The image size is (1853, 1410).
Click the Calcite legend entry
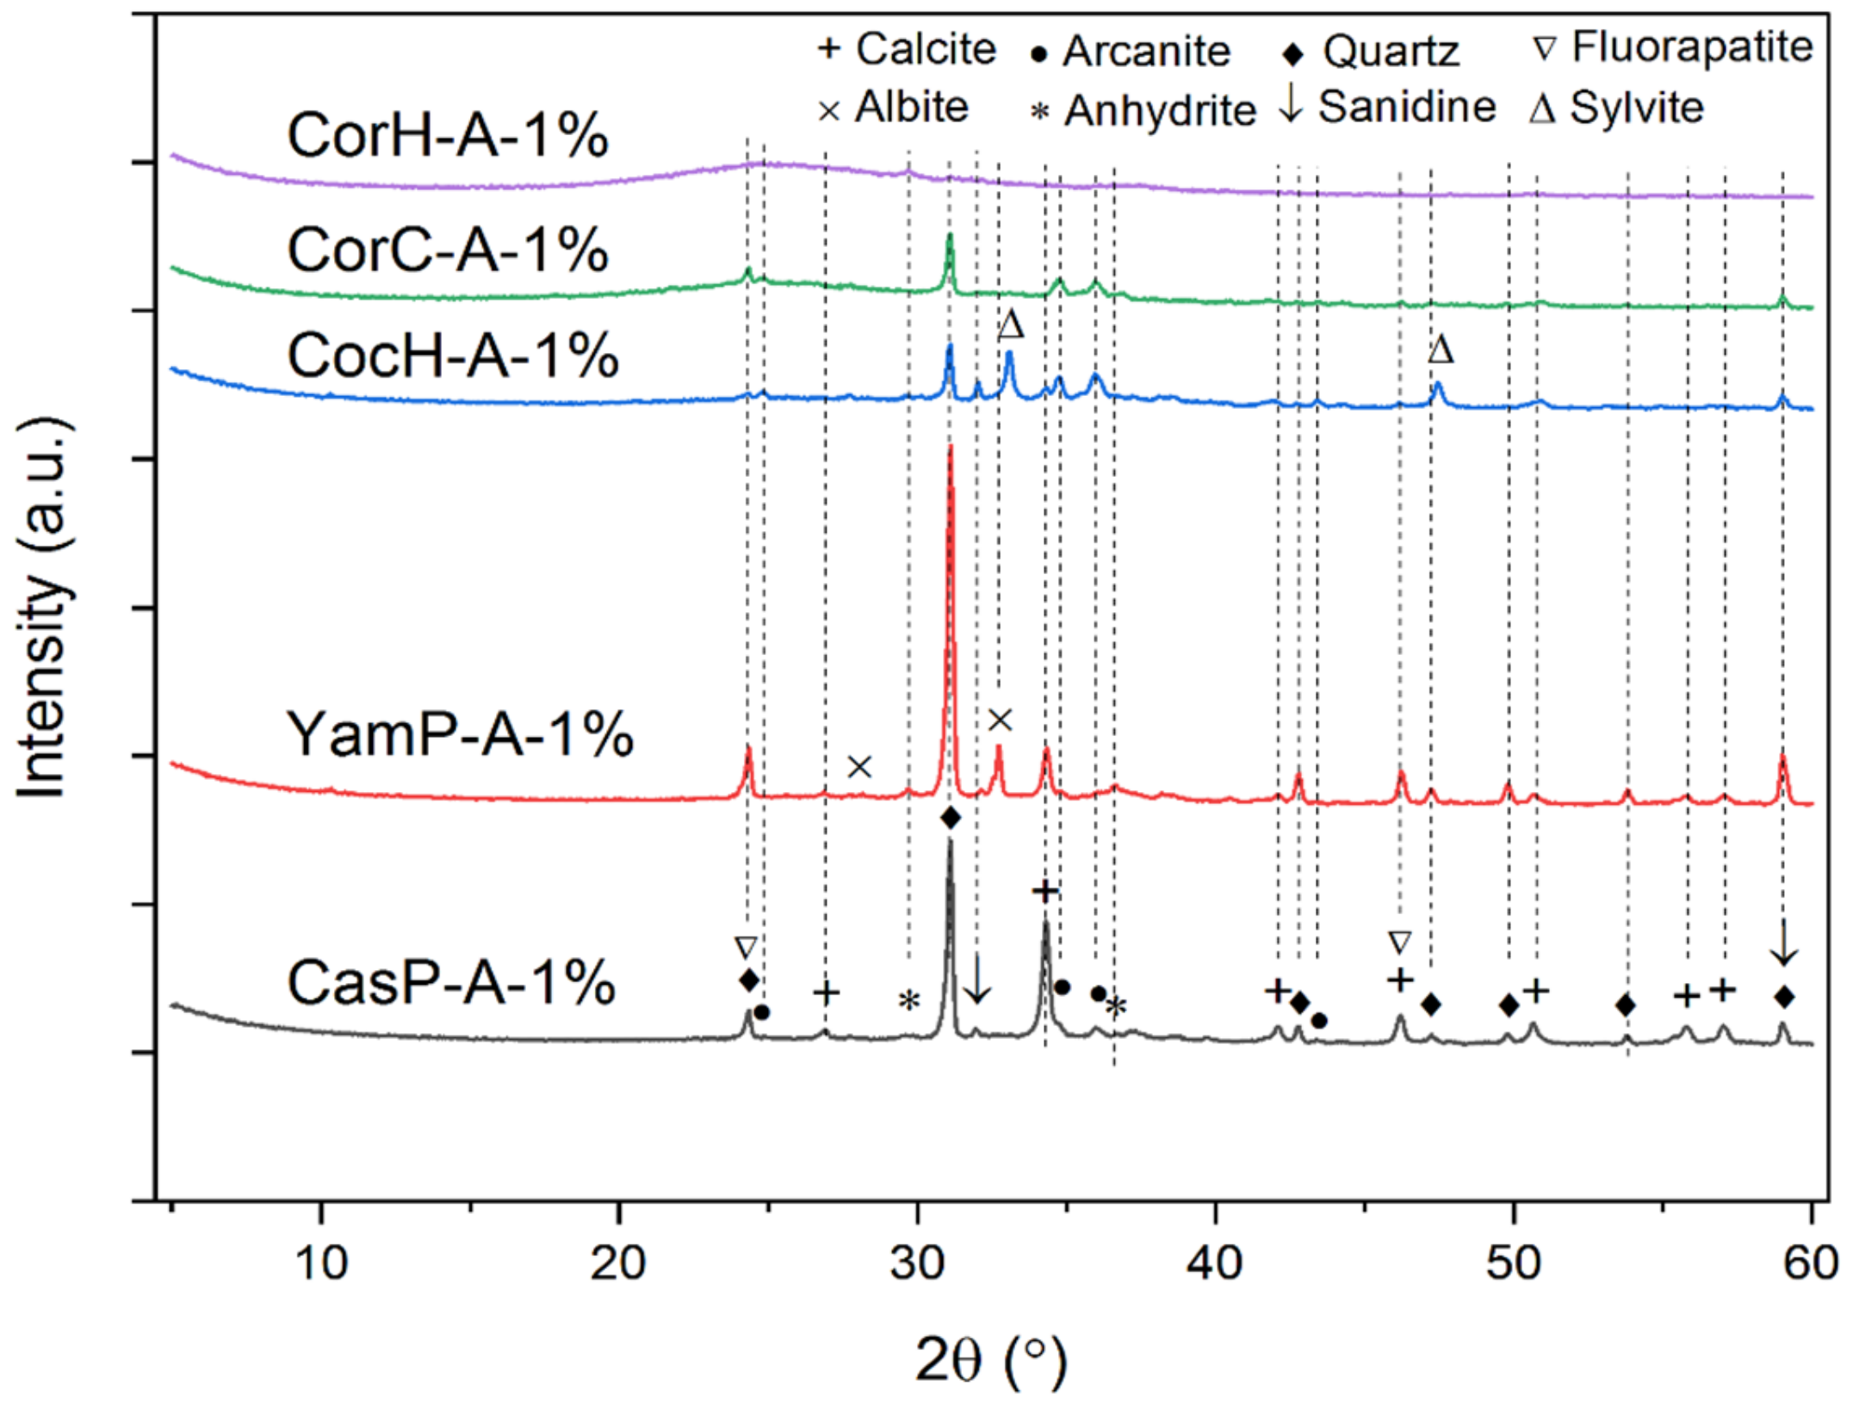pyautogui.click(x=908, y=49)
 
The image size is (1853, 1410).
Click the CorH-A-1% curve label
pyautogui.click(x=448, y=136)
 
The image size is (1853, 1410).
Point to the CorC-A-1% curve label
pyautogui.click(x=448, y=250)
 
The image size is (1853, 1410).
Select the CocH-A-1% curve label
pyautogui.click(x=453, y=356)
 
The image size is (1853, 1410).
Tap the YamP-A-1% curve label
pyautogui.click(x=460, y=734)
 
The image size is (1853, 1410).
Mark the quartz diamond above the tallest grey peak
pyautogui.click(x=951, y=818)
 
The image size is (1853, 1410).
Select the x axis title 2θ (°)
pyautogui.click(x=990, y=1360)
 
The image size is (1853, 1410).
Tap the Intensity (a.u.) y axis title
pyautogui.click(x=43, y=608)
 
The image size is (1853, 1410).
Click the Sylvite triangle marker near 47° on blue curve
pyautogui.click(x=1441, y=350)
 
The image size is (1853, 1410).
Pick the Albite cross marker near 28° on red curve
pyautogui.click(x=859, y=767)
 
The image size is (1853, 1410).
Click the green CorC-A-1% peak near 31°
pyautogui.click(x=950, y=237)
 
